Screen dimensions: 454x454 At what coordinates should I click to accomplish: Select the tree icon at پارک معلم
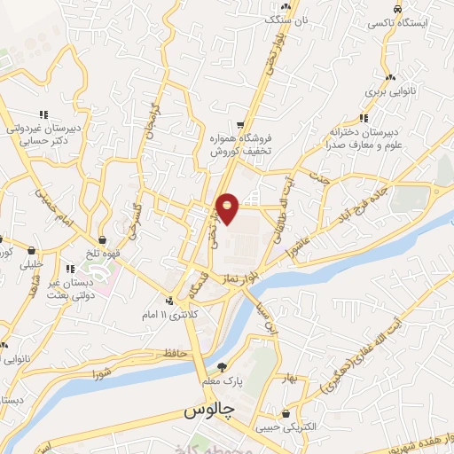point(222,366)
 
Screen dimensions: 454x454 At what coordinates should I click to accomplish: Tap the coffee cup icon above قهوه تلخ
point(104,239)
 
